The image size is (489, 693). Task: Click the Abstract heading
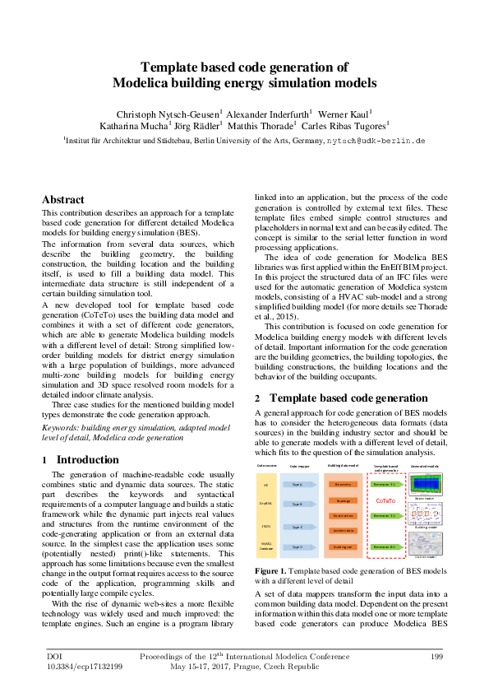[63, 200]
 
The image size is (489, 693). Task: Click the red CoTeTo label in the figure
[385, 500]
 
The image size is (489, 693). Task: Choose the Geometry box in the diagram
[344, 486]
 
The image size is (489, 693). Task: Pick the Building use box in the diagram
[344, 546]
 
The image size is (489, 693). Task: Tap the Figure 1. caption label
[271, 570]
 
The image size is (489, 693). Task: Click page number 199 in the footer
[437, 656]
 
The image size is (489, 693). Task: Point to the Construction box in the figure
[344, 515]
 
